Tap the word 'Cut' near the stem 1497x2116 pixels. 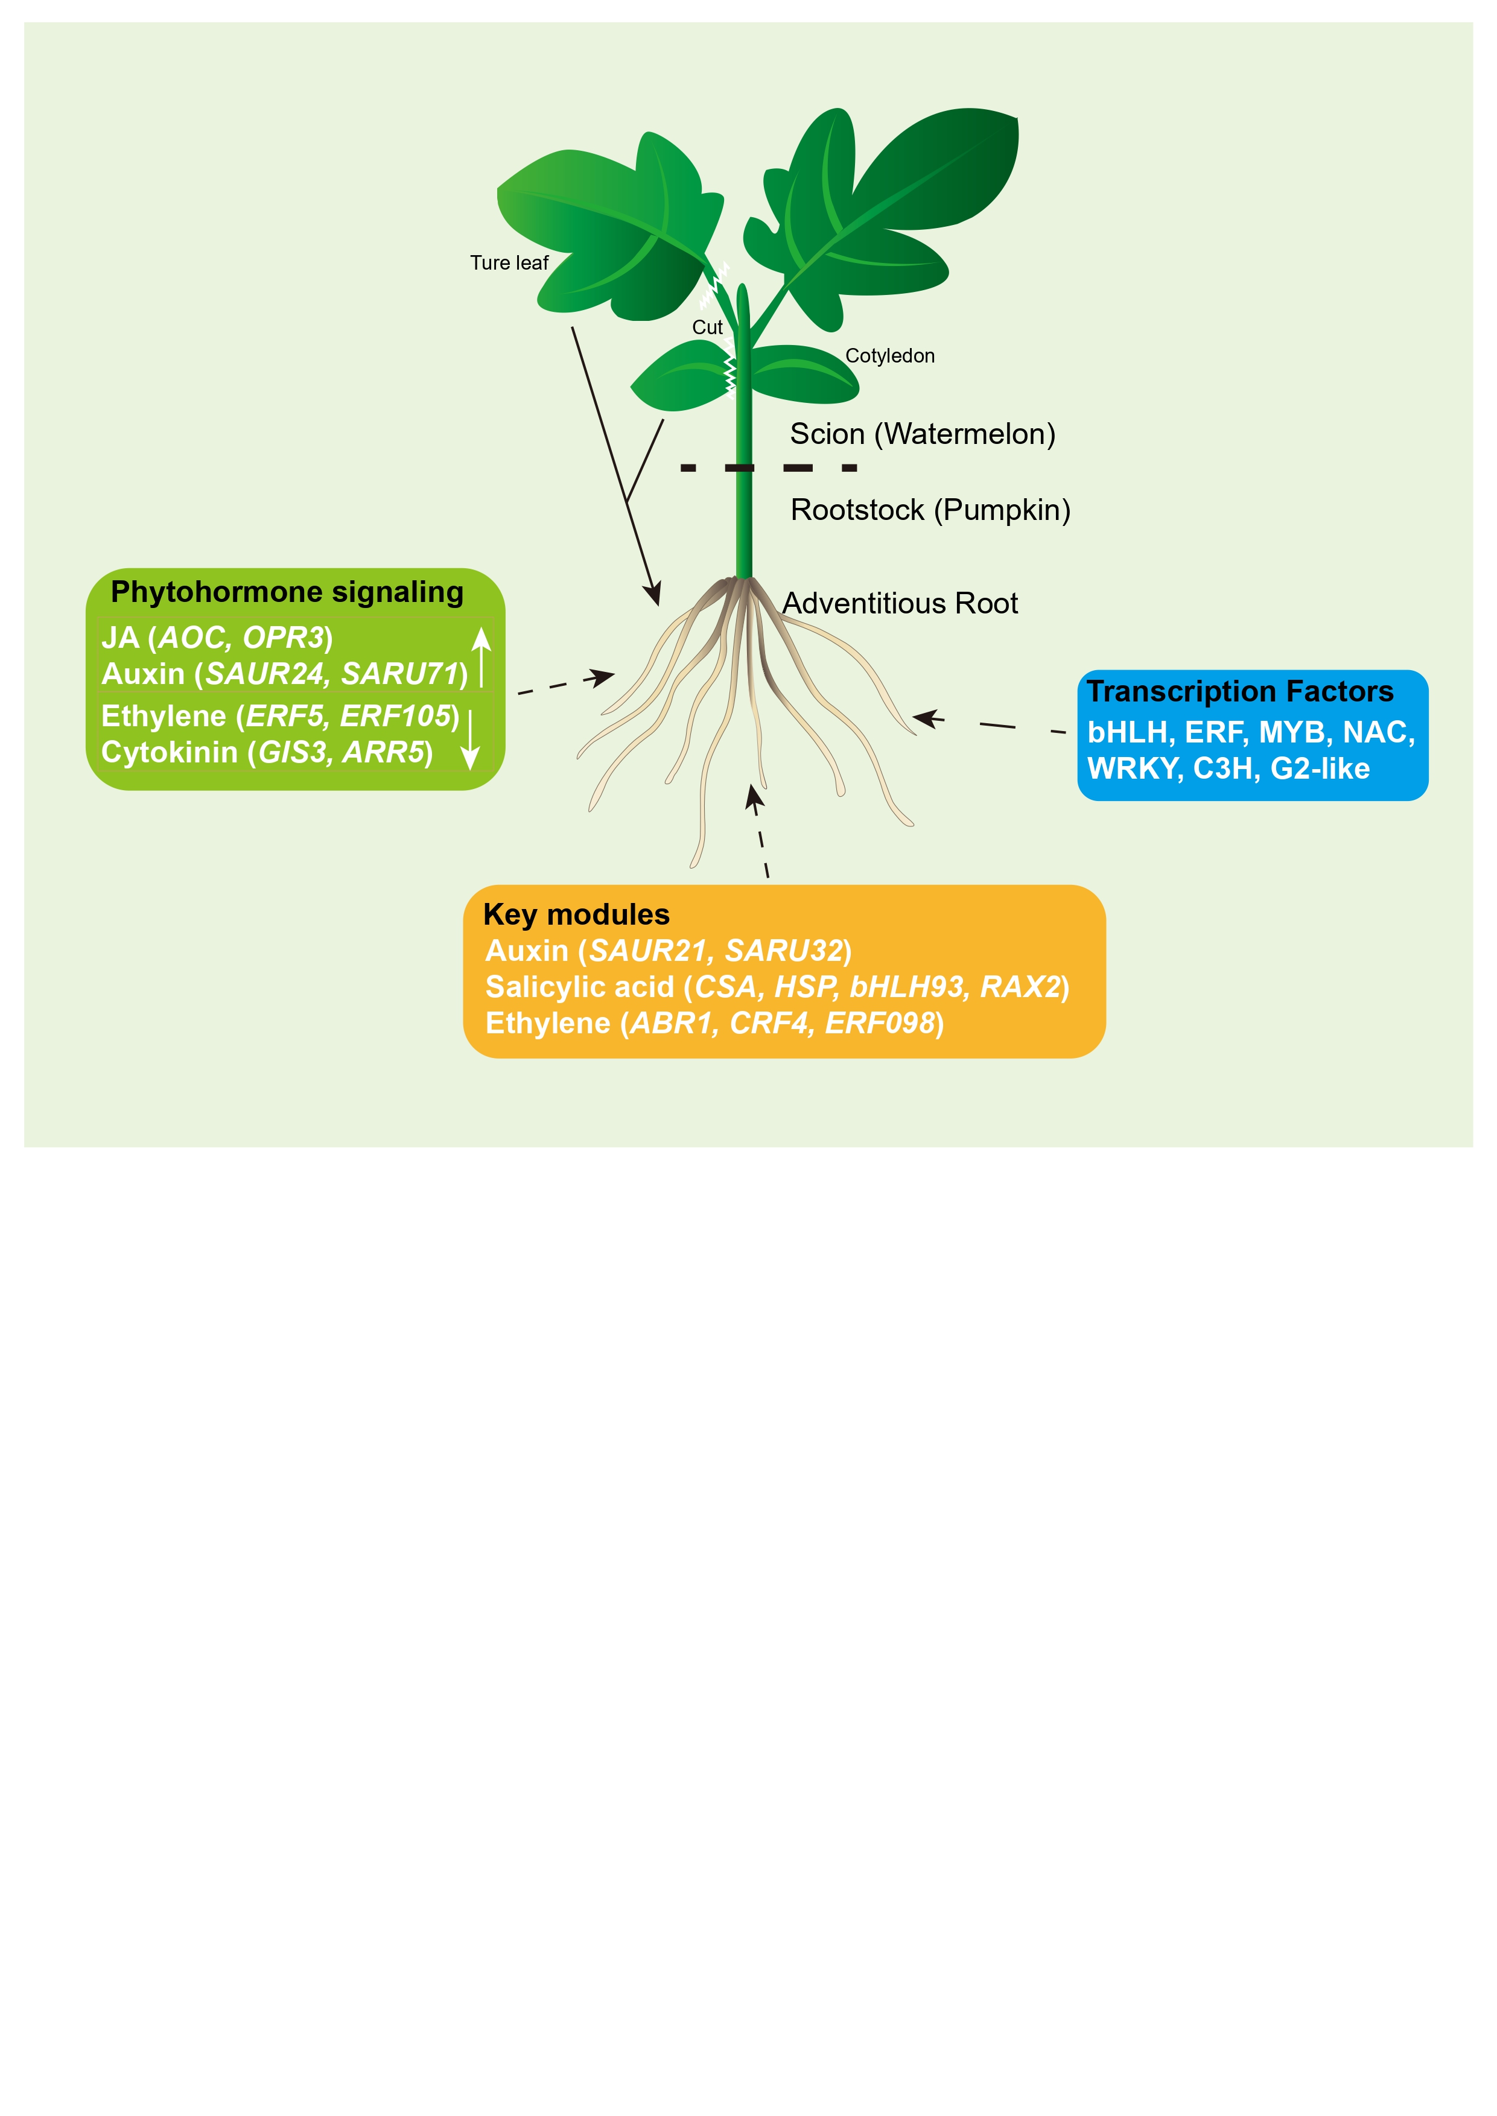click(x=707, y=327)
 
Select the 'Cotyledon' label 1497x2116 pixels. click(x=889, y=356)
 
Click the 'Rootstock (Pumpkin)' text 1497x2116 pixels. click(x=930, y=510)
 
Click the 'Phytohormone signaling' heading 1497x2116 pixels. click(x=287, y=592)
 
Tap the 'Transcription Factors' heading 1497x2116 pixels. click(x=1240, y=691)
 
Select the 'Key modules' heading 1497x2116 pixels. click(x=576, y=914)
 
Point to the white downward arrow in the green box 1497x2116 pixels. click(x=470, y=739)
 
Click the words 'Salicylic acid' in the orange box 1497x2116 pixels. click(x=580, y=987)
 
